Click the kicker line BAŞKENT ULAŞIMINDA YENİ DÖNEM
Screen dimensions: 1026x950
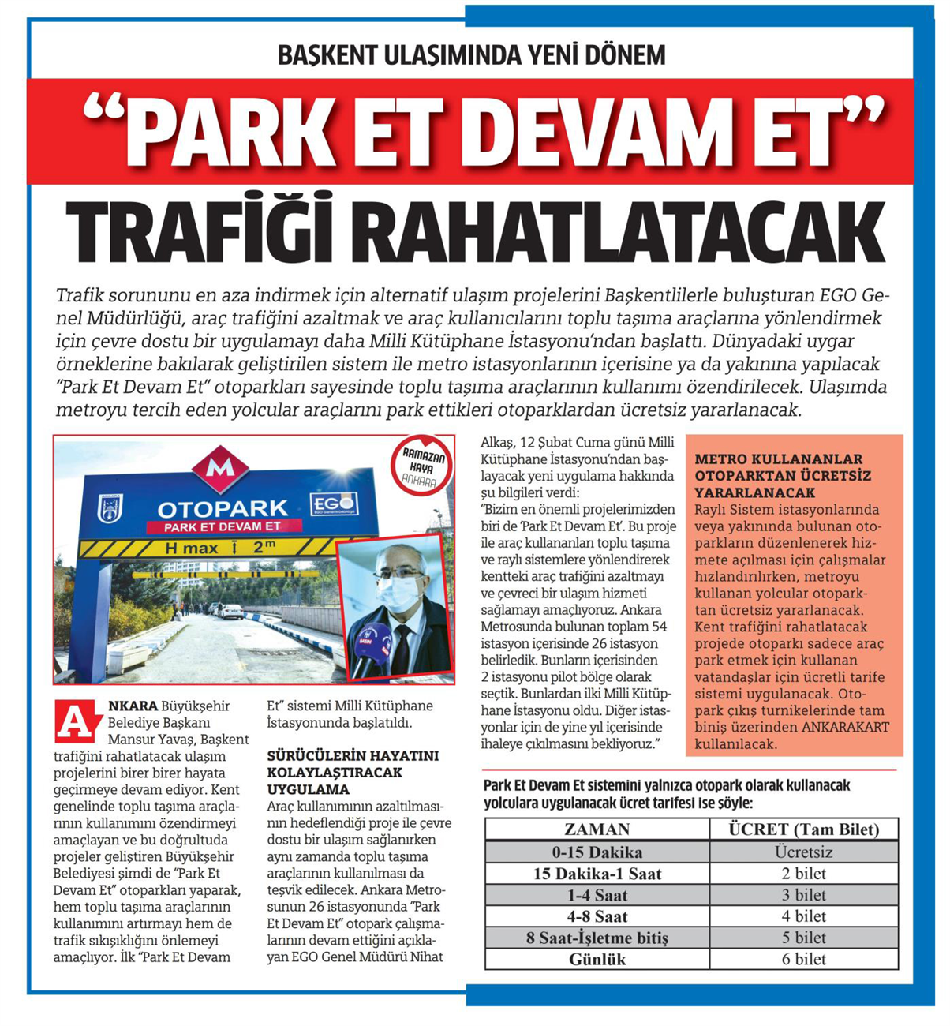(472, 54)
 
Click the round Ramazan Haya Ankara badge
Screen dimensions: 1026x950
(423, 466)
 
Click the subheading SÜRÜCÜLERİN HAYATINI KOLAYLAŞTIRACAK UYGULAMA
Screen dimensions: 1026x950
(352, 772)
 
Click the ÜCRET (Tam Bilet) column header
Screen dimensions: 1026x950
(803, 829)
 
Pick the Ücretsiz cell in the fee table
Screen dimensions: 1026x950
(803, 852)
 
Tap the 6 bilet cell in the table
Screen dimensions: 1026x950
(803, 959)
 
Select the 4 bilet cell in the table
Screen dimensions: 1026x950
(803, 916)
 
